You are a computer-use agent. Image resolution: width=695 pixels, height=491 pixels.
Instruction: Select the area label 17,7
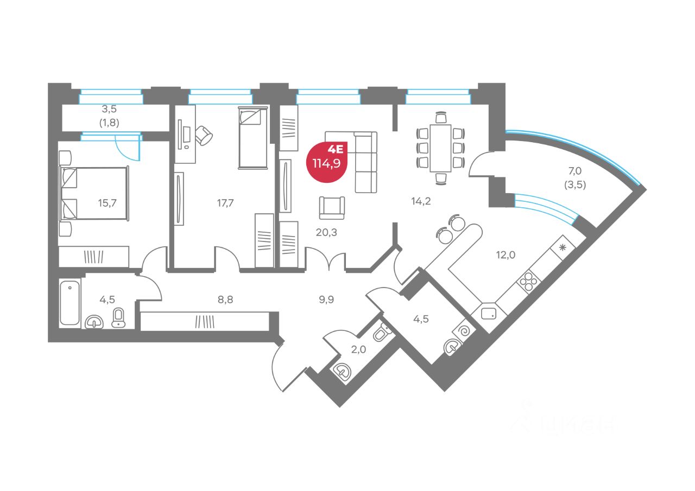(224, 203)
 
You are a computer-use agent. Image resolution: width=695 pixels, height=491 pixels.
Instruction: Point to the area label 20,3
(326, 232)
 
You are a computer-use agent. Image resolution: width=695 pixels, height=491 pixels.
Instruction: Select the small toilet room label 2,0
(358, 349)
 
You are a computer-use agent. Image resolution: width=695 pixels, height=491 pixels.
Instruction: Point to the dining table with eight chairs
(440, 148)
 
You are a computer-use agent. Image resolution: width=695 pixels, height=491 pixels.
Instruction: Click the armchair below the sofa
(332, 208)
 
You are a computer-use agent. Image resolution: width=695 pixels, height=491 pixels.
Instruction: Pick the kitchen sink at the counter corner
(488, 313)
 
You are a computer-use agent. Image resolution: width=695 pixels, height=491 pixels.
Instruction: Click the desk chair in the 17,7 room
(204, 135)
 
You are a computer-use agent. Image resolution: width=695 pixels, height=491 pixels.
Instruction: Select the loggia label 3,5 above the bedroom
(110, 108)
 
